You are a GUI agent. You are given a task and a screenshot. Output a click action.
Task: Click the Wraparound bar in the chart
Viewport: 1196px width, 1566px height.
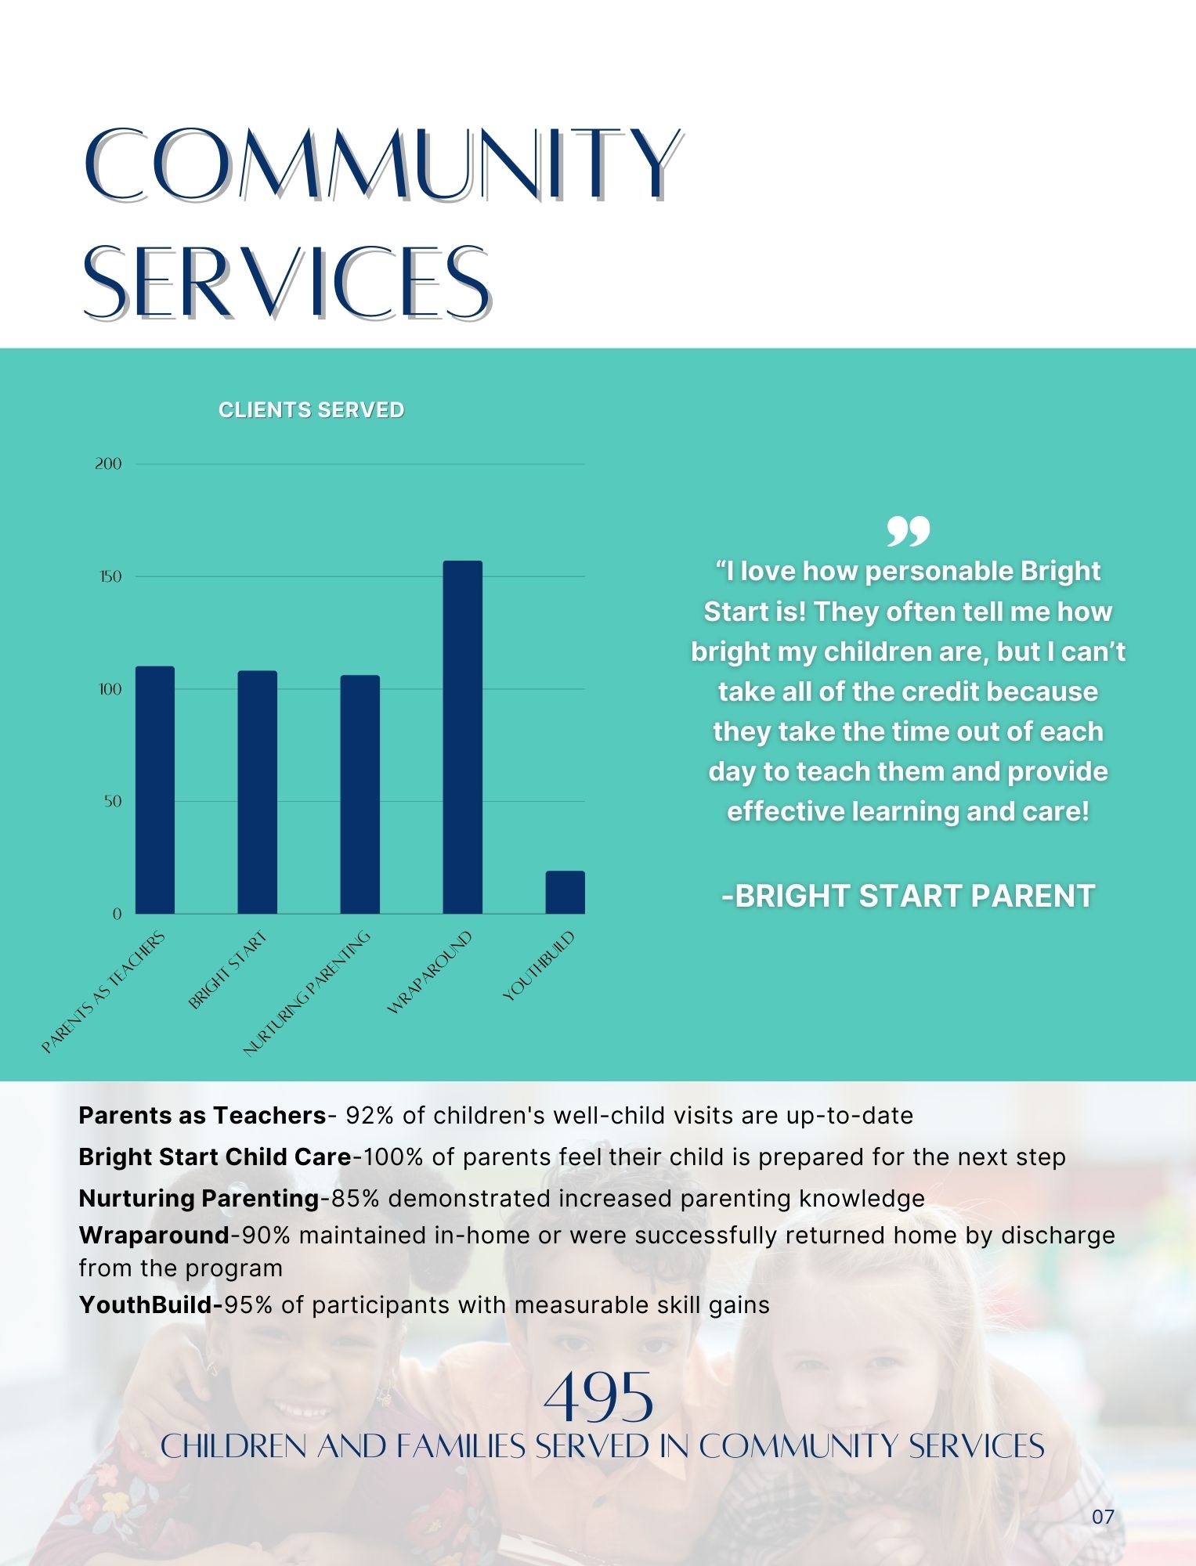point(462,737)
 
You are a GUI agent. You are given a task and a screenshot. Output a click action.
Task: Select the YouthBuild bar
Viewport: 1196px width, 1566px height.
point(565,892)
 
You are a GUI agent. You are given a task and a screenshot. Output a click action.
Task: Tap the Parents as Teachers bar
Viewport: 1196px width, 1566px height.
point(155,790)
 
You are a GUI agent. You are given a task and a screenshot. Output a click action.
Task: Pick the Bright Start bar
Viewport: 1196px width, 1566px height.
point(258,792)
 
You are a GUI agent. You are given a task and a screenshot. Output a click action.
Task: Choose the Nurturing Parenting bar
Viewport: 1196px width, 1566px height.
point(360,794)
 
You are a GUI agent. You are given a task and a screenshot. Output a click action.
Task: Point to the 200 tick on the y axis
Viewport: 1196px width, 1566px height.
point(108,464)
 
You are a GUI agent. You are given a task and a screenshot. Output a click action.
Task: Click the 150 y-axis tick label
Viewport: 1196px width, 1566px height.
point(109,576)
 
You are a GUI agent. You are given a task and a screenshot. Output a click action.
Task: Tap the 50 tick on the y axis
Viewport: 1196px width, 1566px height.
point(113,801)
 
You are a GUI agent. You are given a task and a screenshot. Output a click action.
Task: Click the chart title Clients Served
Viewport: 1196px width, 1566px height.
point(311,410)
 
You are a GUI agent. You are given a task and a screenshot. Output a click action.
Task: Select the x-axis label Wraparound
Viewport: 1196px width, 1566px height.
point(430,972)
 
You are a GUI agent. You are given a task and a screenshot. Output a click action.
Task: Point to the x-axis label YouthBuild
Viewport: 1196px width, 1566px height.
point(539,965)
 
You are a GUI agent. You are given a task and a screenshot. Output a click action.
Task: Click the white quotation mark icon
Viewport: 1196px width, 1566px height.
point(908,531)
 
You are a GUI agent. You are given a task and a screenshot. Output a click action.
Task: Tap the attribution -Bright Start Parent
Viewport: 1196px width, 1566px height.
point(908,896)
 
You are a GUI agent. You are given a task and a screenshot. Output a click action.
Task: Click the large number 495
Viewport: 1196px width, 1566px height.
point(598,1396)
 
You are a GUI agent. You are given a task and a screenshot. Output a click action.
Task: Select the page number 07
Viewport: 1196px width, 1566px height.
point(1103,1517)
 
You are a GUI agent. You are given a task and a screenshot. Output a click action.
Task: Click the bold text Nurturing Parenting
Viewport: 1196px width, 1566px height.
point(199,1198)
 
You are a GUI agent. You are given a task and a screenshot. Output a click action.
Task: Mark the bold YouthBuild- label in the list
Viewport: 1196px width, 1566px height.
point(151,1304)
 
